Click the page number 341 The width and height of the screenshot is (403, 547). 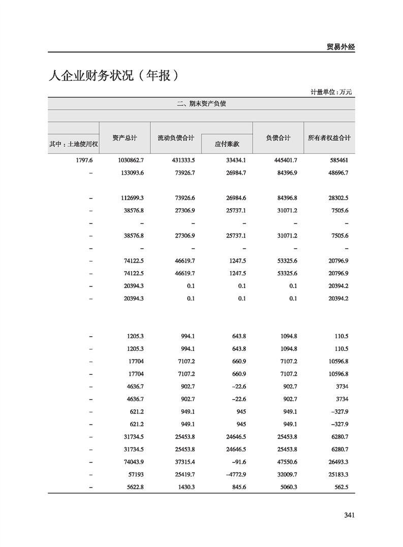[349, 515]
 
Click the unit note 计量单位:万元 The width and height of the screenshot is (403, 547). [331, 92]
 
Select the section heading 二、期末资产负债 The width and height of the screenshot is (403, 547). [201, 104]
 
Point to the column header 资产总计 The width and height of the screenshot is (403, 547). [125, 138]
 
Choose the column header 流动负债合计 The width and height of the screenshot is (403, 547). [176, 138]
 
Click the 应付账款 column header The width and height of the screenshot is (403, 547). [227, 144]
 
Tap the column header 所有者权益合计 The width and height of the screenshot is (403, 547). [329, 138]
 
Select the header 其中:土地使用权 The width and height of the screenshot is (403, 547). [73, 144]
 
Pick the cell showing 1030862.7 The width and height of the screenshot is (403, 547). [131, 160]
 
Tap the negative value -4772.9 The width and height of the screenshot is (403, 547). [235, 474]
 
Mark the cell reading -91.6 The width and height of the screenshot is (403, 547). [238, 462]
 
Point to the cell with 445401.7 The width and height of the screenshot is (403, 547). [285, 160]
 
